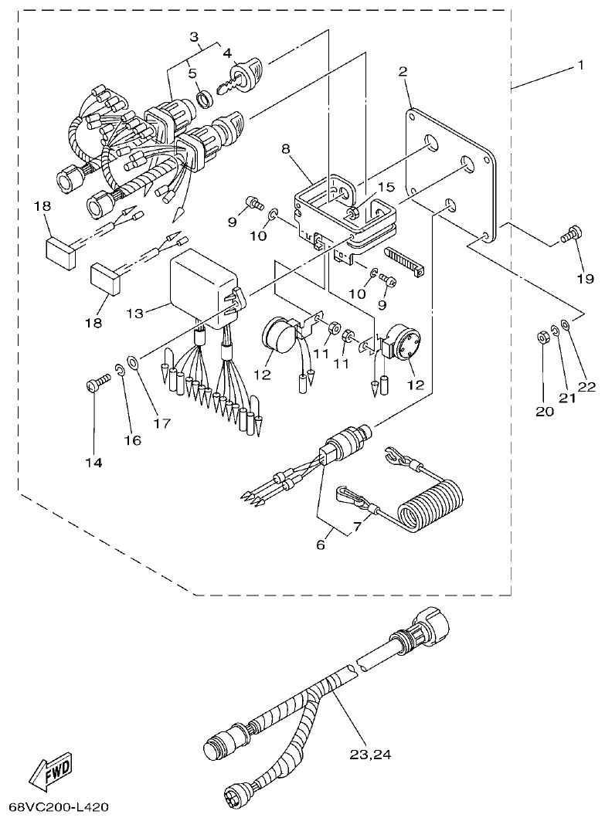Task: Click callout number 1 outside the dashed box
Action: coord(580,66)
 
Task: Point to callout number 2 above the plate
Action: coord(403,72)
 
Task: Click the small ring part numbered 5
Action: coord(206,98)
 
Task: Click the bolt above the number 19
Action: coord(573,232)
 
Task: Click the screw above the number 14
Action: coord(96,382)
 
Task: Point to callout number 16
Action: coord(132,439)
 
